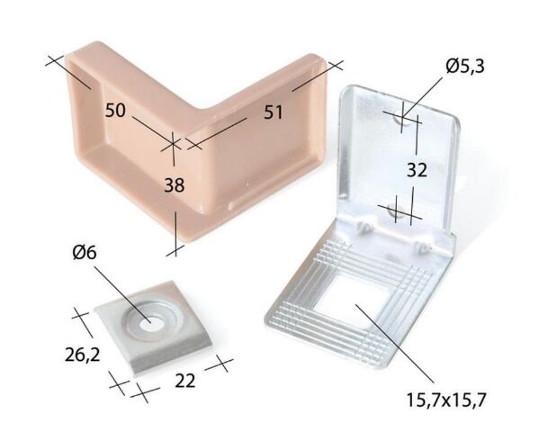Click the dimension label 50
[x=115, y=110]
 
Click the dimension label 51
[x=273, y=112]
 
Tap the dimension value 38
[x=174, y=184]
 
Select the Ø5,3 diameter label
[x=465, y=66]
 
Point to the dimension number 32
[x=417, y=170]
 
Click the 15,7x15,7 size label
[x=446, y=400]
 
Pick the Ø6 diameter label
[x=85, y=252]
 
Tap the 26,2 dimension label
[x=83, y=355]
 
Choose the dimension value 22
[x=184, y=381]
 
